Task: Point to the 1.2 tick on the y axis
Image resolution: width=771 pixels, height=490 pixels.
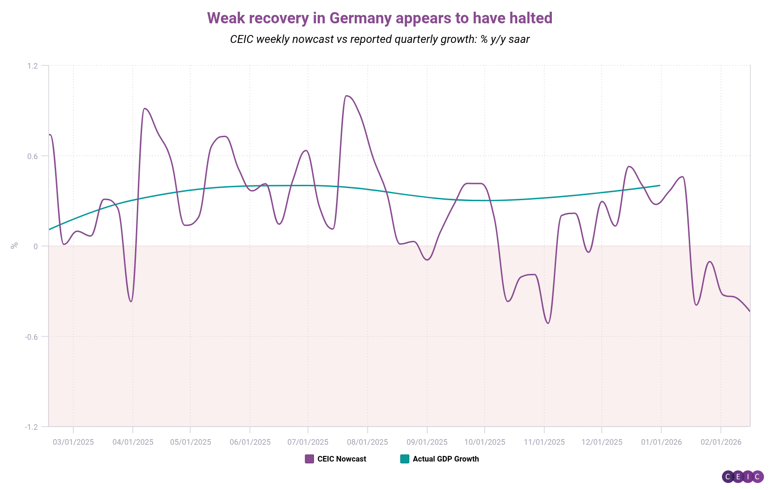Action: point(32,66)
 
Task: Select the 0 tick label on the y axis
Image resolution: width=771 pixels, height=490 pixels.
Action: point(36,246)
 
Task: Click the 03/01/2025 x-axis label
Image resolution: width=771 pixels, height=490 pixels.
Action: point(73,442)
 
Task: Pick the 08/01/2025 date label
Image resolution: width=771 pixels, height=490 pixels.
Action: point(367,442)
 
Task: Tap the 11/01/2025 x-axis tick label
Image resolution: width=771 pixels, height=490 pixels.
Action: point(544,442)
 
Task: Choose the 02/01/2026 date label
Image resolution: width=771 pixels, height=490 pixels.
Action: point(721,442)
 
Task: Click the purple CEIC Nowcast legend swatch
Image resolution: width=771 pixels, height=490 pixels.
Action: point(309,459)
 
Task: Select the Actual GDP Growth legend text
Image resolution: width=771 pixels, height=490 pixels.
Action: point(446,459)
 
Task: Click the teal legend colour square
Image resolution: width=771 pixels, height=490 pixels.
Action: point(405,459)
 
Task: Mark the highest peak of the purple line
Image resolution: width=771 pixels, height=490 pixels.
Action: point(346,96)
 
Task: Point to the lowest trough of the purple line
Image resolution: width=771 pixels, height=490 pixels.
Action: point(548,323)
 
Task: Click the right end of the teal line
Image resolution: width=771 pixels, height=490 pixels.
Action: point(660,185)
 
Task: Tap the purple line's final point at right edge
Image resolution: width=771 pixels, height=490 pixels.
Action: point(750,311)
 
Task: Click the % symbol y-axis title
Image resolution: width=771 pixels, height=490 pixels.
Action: point(14,245)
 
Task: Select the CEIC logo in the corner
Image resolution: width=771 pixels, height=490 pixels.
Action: point(742,476)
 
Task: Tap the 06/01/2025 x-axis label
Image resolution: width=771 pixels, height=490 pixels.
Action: point(250,442)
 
